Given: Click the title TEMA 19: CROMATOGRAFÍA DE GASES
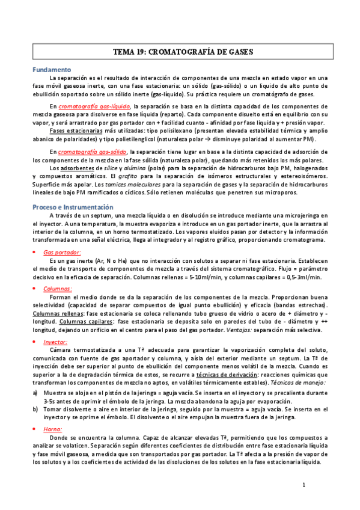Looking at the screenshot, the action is pos(183,52).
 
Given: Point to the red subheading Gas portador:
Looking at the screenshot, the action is pos(63,236).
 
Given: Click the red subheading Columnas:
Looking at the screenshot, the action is pos(58,289).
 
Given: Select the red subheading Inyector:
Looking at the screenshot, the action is pos(55,341).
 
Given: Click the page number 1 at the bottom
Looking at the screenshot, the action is pos(304,484).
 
